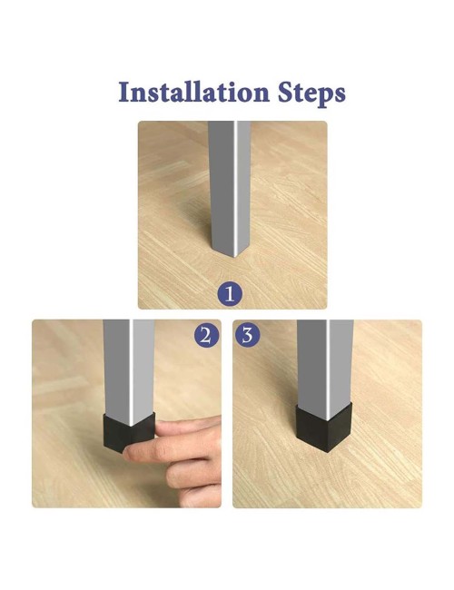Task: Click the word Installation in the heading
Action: [194, 93]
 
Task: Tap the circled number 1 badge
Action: [230, 294]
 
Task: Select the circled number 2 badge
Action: [206, 335]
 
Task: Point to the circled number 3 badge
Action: [247, 335]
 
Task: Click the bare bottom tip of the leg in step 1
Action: [235, 256]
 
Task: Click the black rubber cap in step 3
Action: [324, 428]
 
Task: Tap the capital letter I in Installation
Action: [123, 93]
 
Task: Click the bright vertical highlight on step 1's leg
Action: [235, 188]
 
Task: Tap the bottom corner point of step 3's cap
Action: [328, 451]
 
